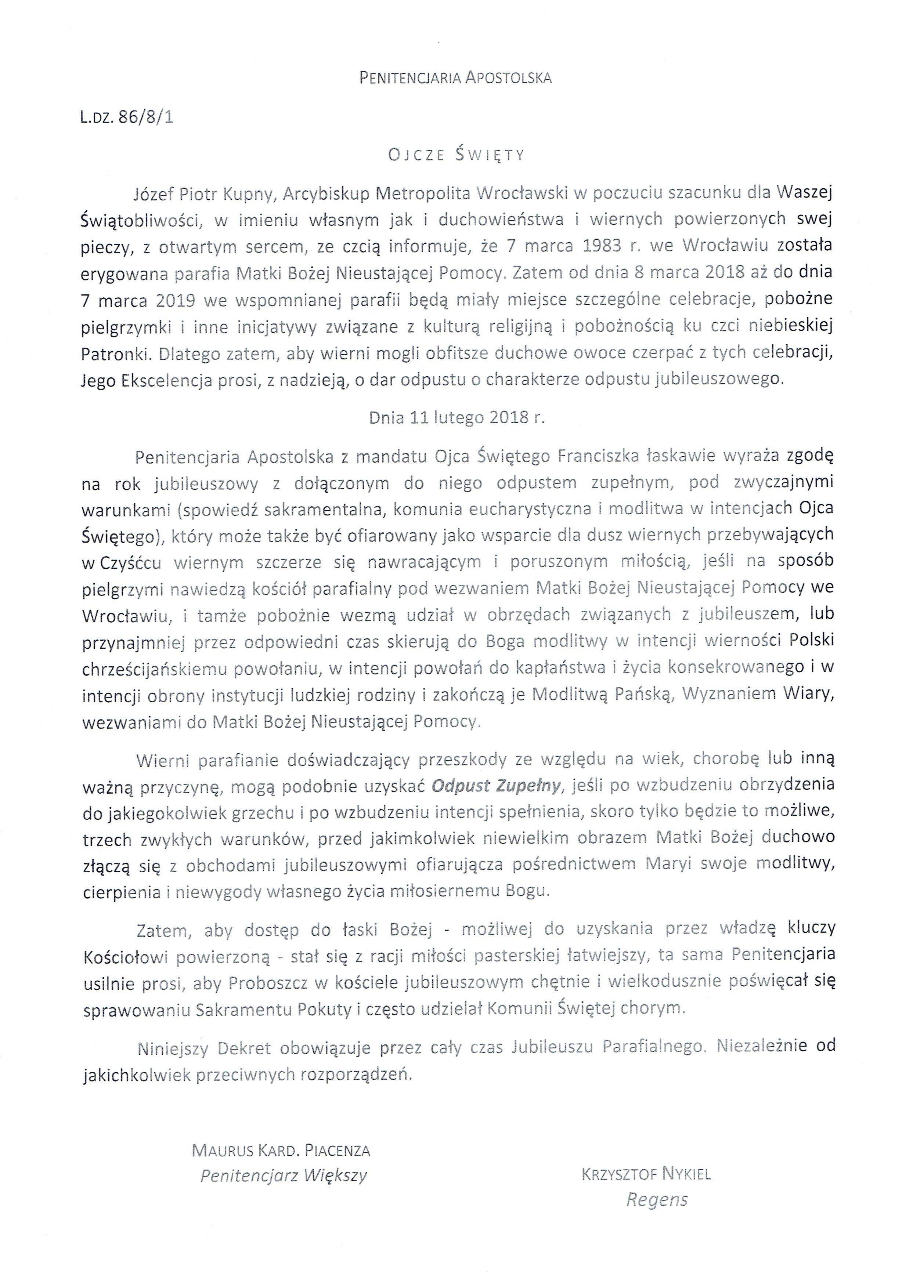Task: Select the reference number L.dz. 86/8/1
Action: pos(126,118)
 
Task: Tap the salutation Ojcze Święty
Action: pos(456,155)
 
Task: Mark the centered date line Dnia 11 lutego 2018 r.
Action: pos(456,418)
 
